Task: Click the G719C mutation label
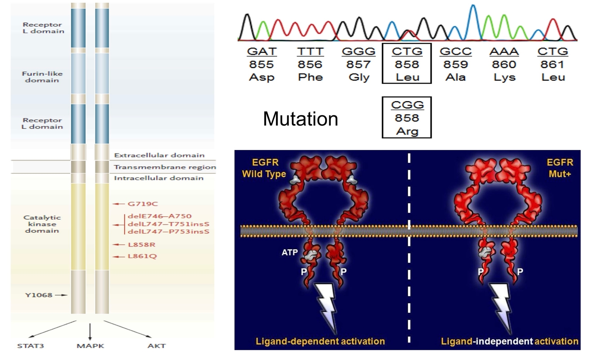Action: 143,204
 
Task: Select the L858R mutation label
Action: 142,245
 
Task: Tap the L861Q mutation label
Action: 142,256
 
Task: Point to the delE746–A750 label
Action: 159,216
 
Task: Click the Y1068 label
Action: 39,295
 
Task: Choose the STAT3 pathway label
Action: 30,346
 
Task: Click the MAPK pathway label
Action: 90,346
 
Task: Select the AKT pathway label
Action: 156,346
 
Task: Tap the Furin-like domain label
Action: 42,77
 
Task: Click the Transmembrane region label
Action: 165,167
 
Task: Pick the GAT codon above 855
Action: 262,51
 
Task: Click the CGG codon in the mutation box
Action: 407,105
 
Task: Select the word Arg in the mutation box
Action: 407,131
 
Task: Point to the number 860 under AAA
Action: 504,64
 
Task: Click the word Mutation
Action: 300,119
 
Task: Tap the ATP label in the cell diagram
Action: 290,252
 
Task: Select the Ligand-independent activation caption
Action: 510,341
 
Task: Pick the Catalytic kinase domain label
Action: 42,224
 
